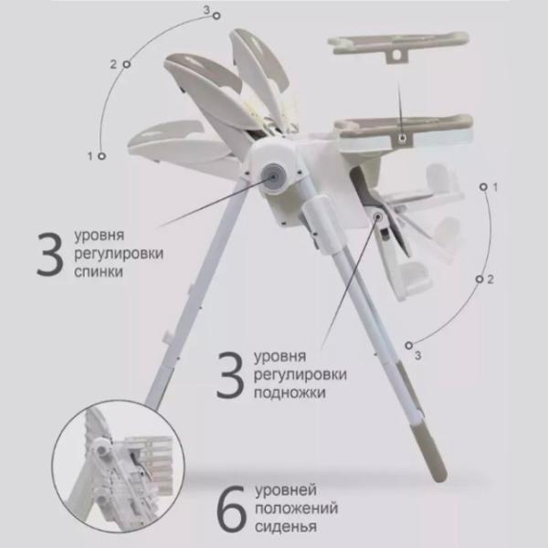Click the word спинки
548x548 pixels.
99,271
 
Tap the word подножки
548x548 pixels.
290,393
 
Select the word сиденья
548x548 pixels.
286,527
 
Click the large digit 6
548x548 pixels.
231,508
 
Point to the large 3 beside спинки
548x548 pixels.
49,254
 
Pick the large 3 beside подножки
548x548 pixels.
229,375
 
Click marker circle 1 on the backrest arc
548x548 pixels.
101,156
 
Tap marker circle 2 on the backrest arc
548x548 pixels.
127,64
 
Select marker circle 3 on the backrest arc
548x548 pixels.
216,16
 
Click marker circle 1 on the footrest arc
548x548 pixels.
483,187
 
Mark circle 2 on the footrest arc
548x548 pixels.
479,279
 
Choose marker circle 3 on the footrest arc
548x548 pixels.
408,345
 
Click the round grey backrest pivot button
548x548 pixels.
273,177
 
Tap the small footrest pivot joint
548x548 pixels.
378,217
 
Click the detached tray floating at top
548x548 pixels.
397,47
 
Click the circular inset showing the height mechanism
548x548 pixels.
118,466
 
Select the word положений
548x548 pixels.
296,508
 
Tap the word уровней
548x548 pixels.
286,490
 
